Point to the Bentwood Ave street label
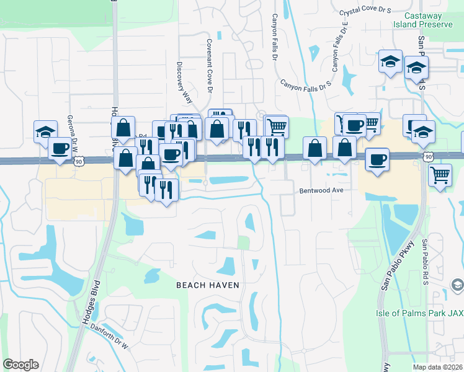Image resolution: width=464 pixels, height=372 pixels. pos(321,190)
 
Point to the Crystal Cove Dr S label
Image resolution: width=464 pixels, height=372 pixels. pos(365,11)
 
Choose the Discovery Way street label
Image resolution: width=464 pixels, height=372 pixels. pos(184,84)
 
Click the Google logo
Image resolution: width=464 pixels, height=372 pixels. pos(20,365)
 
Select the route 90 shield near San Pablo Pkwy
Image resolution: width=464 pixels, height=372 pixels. pos(429,157)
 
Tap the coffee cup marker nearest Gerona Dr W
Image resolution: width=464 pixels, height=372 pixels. pos(61,149)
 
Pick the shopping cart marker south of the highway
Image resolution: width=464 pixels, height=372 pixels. pos(440,175)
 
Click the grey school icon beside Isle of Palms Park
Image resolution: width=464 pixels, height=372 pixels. pos(457,285)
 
